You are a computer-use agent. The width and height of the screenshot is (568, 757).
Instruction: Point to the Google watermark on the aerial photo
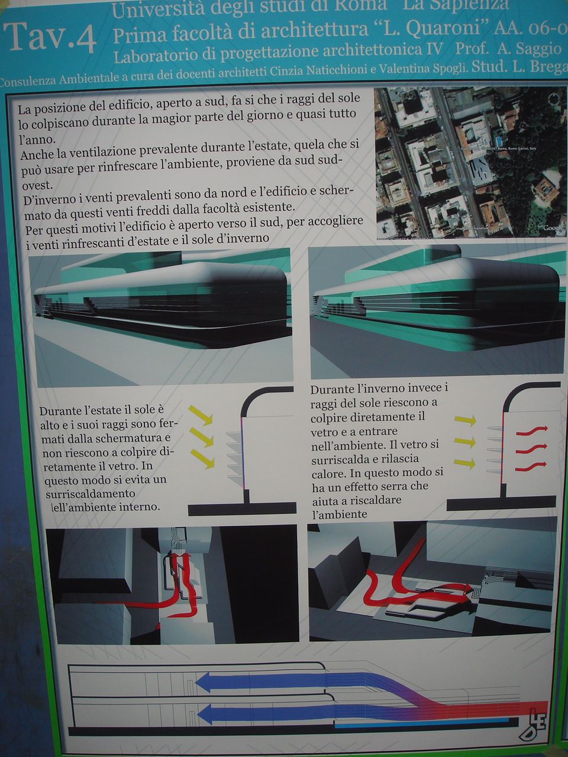tap(553, 228)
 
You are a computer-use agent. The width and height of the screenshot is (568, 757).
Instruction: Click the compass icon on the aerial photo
tap(554, 99)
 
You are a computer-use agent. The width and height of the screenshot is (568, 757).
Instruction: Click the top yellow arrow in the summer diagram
tap(201, 415)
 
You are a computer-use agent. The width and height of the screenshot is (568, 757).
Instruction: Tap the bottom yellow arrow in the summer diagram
tap(202, 459)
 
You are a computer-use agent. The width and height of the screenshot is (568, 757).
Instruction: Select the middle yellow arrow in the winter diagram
tap(465, 442)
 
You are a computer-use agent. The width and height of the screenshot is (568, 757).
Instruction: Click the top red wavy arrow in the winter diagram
tap(531, 429)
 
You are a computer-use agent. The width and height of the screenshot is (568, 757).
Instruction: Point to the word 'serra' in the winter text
tap(394, 486)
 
